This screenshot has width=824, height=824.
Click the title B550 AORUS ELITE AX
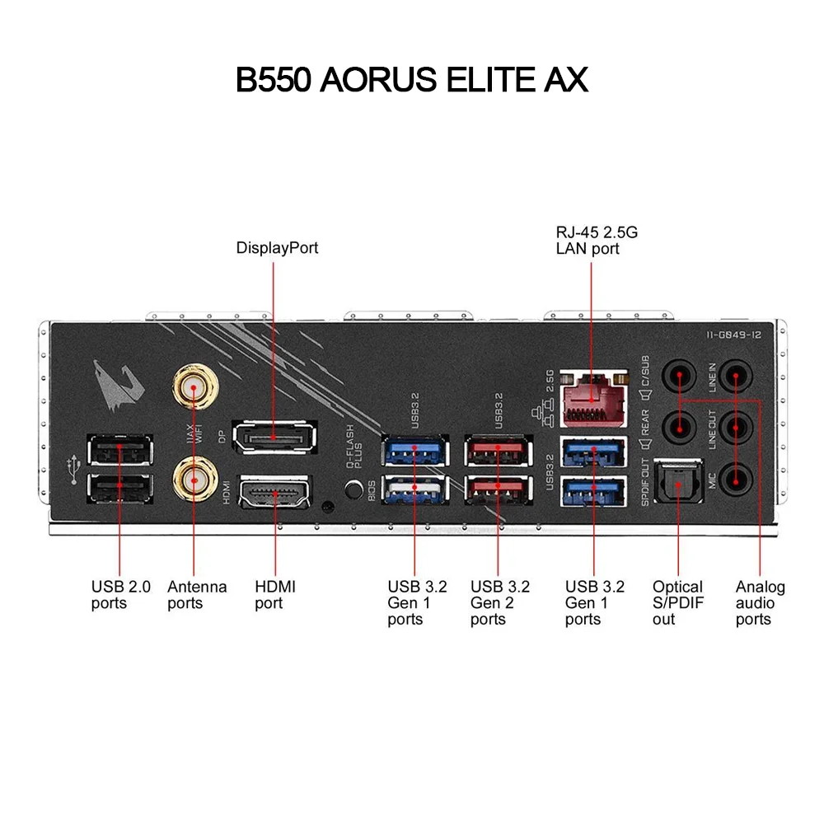(x=412, y=80)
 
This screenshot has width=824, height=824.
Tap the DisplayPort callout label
(x=277, y=247)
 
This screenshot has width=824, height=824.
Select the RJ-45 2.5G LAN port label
(x=596, y=240)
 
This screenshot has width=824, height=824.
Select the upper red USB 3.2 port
(x=496, y=452)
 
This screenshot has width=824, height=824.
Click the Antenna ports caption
(x=196, y=595)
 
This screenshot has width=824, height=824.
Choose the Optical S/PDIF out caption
(x=677, y=602)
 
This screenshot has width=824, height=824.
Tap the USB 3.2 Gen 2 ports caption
(x=500, y=602)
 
